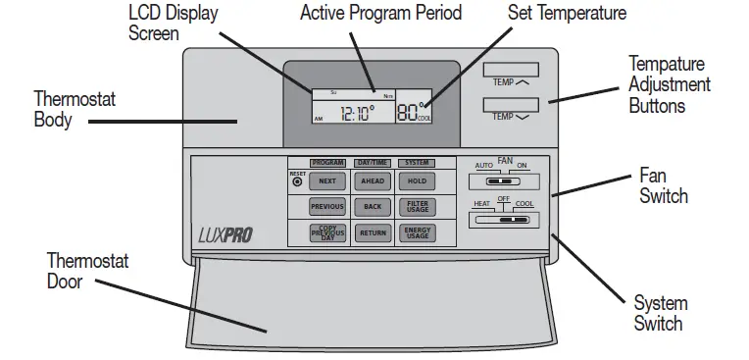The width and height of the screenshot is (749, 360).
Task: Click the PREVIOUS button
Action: [x=326, y=207]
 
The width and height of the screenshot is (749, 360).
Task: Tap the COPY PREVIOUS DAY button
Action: [x=326, y=233]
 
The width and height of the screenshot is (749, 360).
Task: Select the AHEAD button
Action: [x=372, y=181]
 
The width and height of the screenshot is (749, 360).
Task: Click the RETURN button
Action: [x=372, y=233]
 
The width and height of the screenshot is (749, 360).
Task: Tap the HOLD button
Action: [x=417, y=181]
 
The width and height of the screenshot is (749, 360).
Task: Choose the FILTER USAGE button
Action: [x=417, y=207]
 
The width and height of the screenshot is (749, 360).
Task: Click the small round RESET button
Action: [x=297, y=181]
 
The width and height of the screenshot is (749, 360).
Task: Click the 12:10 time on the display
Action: [x=356, y=114]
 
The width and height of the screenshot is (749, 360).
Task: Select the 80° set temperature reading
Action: [x=410, y=111]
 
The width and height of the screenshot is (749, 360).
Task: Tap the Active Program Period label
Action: [x=380, y=14]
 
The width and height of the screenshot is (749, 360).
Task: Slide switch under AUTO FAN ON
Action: [x=502, y=181]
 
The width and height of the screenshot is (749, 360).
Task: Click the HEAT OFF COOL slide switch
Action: [x=504, y=221]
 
